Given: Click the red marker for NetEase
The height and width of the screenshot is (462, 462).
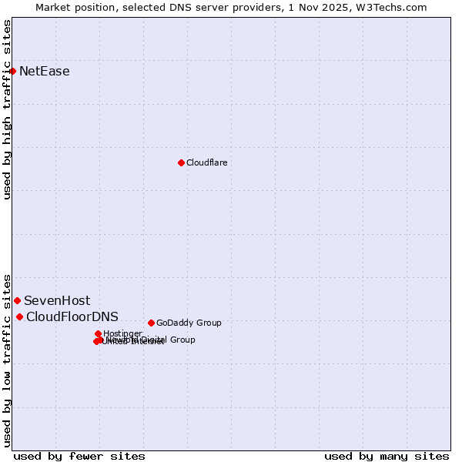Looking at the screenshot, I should [x=12, y=71].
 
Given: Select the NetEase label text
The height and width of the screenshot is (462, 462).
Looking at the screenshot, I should [x=44, y=72].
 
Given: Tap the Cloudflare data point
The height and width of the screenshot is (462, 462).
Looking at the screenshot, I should [x=181, y=162].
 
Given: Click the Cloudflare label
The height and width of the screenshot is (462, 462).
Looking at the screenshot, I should [x=206, y=162].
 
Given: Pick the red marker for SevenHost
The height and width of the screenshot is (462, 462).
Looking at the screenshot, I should [x=17, y=300].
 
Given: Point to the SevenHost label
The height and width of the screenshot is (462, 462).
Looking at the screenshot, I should [x=56, y=301].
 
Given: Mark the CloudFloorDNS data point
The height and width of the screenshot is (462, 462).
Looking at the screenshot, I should [x=19, y=316].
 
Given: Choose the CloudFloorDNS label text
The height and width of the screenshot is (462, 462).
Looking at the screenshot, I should [x=72, y=317].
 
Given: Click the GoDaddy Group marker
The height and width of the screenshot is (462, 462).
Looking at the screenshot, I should [x=151, y=323].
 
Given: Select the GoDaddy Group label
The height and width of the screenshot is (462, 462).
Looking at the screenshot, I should [x=188, y=323].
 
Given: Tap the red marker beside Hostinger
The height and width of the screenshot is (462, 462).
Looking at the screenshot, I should [x=99, y=333].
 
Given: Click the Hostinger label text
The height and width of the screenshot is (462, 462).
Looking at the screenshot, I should [x=122, y=333].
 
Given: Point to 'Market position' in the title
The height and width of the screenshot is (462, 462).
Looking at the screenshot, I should [x=72, y=7].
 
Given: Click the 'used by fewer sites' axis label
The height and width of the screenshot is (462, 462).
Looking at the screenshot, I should [x=79, y=456].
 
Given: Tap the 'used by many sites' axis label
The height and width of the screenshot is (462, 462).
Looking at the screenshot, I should [x=387, y=456].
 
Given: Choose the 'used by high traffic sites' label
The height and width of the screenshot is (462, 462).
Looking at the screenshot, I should [x=7, y=109].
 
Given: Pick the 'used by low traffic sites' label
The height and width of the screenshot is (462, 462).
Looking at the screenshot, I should [x=7, y=360].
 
